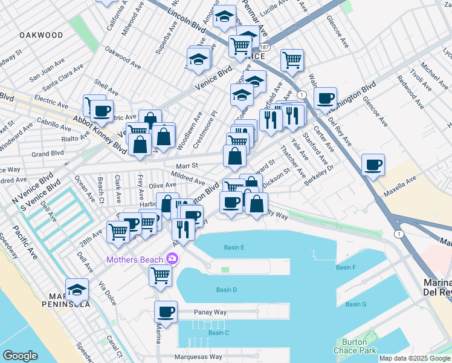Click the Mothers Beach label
(x=135, y=260)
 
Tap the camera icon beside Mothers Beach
(x=173, y=259)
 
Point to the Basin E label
(x=234, y=247)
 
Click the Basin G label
(x=356, y=304)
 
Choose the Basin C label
(x=218, y=333)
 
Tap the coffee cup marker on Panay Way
(x=166, y=312)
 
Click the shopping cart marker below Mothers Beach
(x=161, y=275)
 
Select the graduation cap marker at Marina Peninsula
(x=77, y=290)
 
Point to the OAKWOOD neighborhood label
(x=41, y=35)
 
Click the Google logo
(x=20, y=356)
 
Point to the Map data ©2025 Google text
(x=415, y=358)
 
